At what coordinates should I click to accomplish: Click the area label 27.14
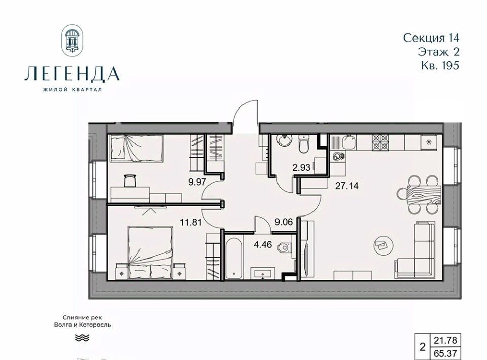346,186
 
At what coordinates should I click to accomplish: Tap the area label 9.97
197,182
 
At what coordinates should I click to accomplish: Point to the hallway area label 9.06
284,222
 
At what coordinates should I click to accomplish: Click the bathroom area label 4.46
263,245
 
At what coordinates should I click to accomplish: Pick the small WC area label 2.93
301,168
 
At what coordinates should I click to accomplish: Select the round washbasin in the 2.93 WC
285,140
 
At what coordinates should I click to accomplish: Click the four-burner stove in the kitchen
380,142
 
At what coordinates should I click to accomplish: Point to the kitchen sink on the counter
350,142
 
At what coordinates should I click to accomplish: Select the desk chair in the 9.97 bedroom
130,181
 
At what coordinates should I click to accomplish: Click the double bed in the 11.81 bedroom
151,252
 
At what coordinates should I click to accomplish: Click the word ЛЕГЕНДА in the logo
72,74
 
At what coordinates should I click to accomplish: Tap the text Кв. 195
440,66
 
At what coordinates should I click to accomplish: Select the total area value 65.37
445,353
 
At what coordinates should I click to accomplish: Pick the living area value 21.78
445,340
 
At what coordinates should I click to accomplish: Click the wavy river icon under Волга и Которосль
82,337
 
